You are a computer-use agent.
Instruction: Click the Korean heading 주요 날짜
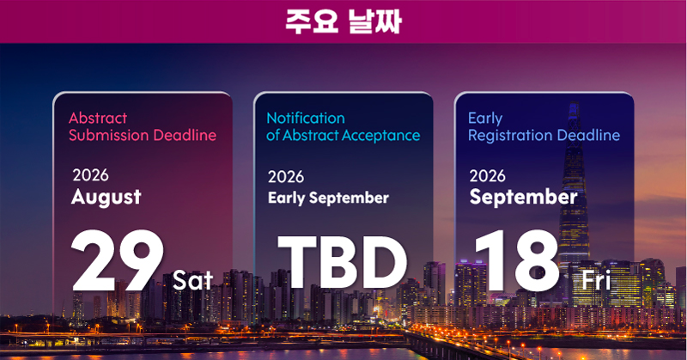pos(343,21)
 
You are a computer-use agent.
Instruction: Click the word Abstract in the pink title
pos(98,118)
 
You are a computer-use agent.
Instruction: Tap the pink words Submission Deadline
pos(143,135)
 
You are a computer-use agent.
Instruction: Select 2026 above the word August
pos(90,175)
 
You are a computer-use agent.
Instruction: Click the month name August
pos(106,197)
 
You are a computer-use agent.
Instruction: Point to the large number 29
pos(118,260)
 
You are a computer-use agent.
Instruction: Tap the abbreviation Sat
pos(192,280)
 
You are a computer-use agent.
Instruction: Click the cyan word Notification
pos(306,118)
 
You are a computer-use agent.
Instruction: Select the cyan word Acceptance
pos(380,136)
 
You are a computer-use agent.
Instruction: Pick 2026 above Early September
pos(286,177)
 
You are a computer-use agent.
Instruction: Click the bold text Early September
pos(328,198)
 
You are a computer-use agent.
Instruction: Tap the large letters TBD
pos(343,262)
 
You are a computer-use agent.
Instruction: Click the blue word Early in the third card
pos(485,119)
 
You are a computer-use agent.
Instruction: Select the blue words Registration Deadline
pos(544,135)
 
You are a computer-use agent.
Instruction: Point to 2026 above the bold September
pos(487,176)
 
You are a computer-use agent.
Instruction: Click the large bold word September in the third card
pos(524,197)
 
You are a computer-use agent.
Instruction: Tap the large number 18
pos(517,260)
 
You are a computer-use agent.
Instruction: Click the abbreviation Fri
pos(596,280)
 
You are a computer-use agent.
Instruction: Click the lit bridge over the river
pos(465,345)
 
